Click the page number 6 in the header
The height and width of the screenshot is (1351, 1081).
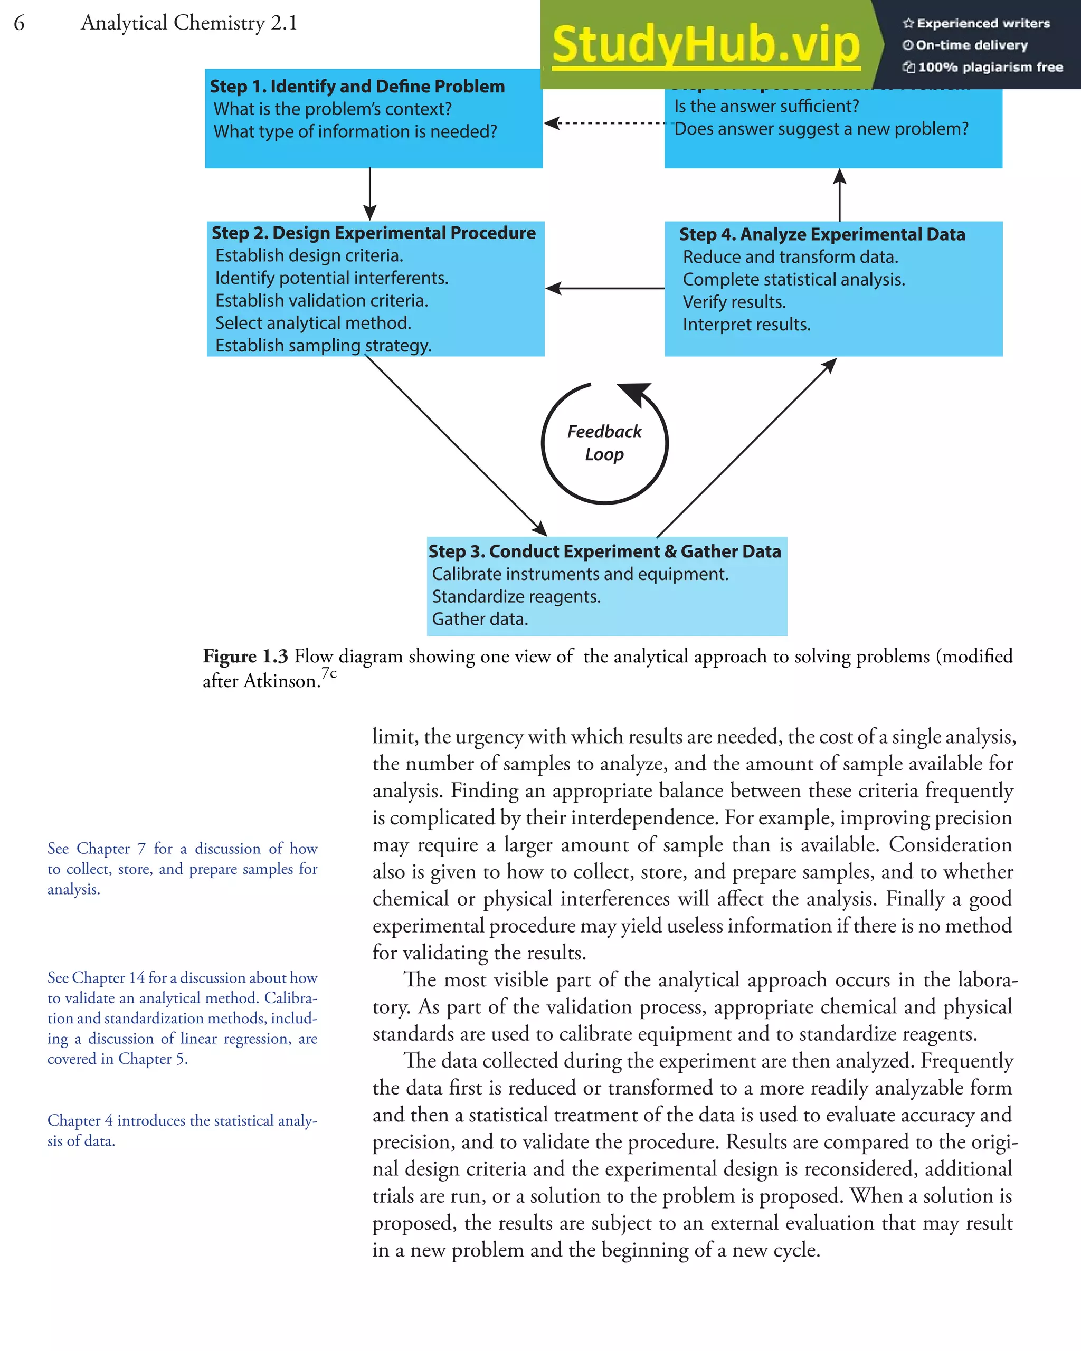point(20,23)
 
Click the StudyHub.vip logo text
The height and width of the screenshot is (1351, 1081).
point(706,45)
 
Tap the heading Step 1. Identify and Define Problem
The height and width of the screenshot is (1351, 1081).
point(357,87)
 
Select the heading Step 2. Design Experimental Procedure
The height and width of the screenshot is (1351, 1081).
point(374,233)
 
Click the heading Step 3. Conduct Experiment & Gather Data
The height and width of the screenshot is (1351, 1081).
point(604,551)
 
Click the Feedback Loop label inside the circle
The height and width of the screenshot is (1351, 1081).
point(604,443)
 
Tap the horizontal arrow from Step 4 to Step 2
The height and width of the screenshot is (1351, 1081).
point(604,288)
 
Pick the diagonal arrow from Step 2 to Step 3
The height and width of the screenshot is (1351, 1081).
point(456,445)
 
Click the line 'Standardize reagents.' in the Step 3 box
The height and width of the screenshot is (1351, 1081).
point(516,596)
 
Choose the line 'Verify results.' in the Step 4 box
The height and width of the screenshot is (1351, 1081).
point(734,302)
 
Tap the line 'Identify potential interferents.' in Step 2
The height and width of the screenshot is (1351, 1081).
point(331,278)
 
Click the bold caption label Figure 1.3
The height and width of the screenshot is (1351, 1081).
point(245,656)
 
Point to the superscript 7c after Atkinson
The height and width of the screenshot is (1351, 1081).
point(329,673)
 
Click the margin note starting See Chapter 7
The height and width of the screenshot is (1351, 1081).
point(182,869)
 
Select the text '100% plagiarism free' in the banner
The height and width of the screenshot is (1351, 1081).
point(990,67)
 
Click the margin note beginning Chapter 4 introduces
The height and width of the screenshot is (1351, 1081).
point(182,1130)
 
